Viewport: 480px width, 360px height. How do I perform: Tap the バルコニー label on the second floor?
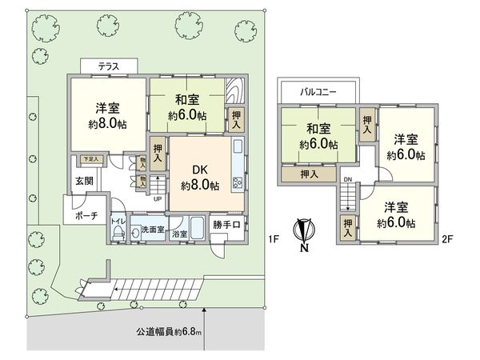pyautogui.click(x=318, y=92)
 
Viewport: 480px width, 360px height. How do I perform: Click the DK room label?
pyautogui.click(x=199, y=170)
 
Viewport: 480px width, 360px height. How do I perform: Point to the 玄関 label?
pyautogui.click(x=85, y=182)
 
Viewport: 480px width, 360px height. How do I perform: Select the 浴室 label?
pyautogui.click(x=178, y=235)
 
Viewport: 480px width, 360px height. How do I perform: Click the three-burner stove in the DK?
pyautogui.click(x=238, y=182)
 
